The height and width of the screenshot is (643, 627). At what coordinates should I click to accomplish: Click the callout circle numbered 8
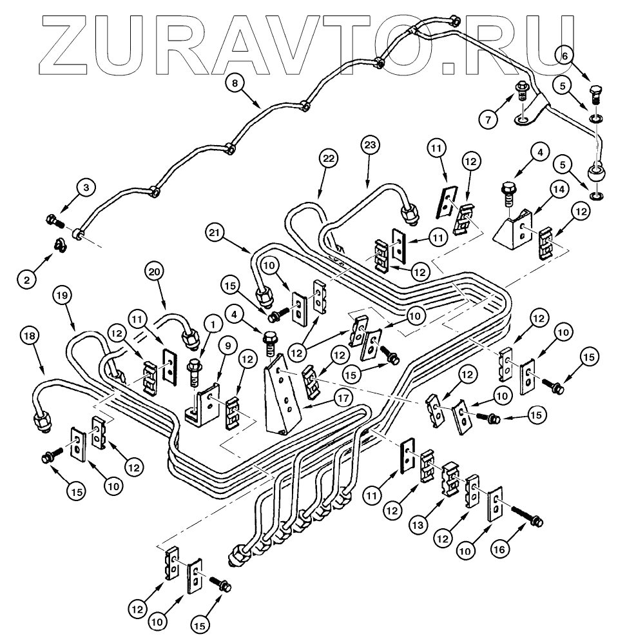[x=235, y=83]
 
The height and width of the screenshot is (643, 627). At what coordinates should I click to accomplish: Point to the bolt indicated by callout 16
[x=526, y=515]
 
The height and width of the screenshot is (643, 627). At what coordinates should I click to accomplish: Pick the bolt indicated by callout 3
[x=55, y=222]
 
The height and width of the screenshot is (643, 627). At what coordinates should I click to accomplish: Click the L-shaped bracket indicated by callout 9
[x=204, y=405]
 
